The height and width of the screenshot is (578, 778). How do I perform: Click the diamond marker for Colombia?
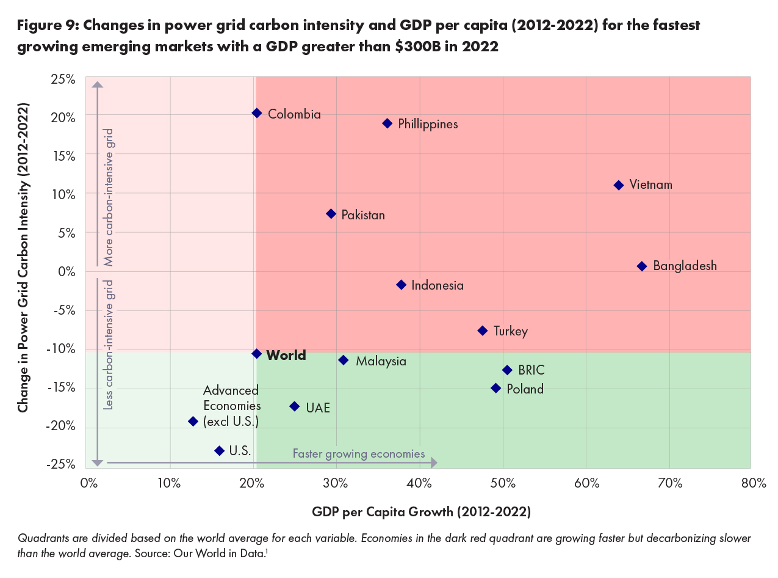[x=257, y=113]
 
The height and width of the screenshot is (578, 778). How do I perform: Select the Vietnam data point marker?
[x=619, y=185]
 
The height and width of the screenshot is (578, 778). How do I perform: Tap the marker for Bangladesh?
[x=642, y=266]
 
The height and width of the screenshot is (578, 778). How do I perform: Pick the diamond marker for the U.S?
[x=220, y=451]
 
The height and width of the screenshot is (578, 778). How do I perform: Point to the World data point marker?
[x=257, y=354]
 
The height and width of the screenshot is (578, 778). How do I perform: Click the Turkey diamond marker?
[x=483, y=331]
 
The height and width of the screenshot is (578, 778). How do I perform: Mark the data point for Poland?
[x=496, y=388]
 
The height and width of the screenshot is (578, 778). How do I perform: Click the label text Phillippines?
[x=428, y=124]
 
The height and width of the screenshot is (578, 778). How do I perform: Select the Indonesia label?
[x=438, y=285]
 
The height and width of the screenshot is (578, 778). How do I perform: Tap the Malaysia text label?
[x=381, y=361]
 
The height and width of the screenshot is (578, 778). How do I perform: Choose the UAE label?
[x=318, y=408]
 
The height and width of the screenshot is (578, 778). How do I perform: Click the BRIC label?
[x=531, y=370]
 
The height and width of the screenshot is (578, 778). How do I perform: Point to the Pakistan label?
[x=363, y=215]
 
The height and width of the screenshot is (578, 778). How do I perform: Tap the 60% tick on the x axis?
[x=586, y=484]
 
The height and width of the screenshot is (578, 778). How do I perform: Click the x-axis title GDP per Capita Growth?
[x=421, y=512]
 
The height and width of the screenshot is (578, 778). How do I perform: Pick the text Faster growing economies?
[x=359, y=454]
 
